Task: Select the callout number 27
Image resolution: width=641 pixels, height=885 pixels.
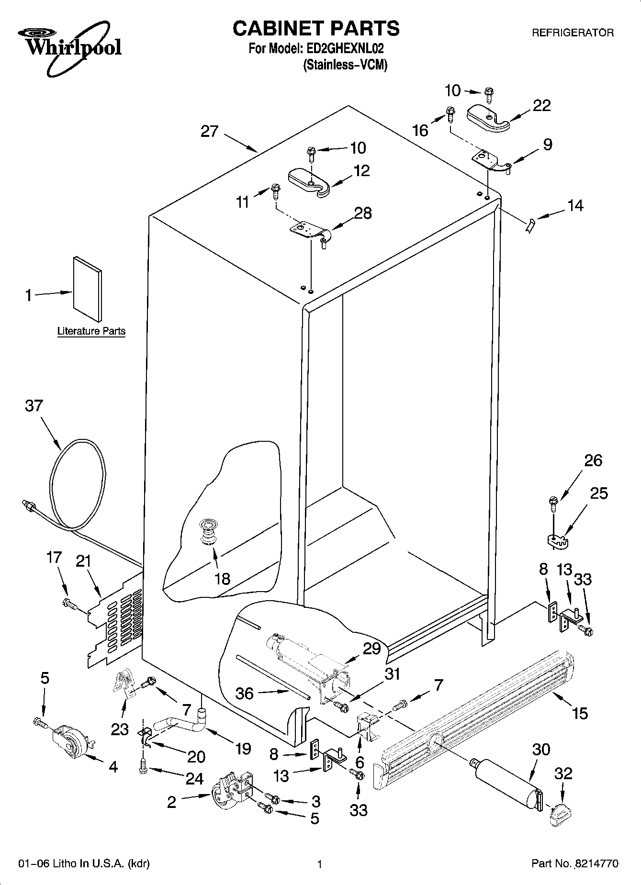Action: point(209,131)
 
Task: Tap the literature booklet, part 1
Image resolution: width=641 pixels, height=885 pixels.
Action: point(88,289)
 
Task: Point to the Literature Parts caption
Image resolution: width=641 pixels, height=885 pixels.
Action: point(91,331)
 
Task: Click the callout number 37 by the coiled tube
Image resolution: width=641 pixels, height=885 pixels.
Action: point(34,406)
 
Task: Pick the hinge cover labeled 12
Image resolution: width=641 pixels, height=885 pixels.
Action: point(309,181)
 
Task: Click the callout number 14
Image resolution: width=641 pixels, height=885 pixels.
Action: point(575,205)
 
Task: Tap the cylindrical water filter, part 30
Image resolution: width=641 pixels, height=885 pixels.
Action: point(506,781)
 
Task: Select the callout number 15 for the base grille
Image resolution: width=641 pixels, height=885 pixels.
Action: point(579,714)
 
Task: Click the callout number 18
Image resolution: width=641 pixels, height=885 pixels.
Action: point(222,579)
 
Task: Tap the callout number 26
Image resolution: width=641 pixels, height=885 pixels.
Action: point(593,460)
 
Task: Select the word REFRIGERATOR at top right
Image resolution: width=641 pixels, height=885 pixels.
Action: point(573,33)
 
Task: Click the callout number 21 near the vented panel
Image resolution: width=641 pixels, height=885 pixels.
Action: point(83,561)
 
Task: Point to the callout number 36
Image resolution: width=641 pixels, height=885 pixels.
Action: point(245,693)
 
